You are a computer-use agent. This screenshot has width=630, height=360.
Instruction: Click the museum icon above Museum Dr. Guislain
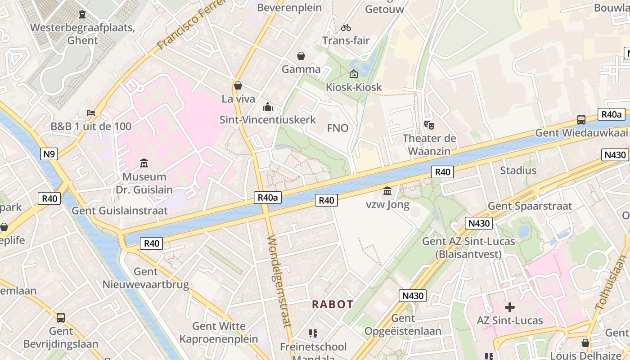click(x=144, y=162)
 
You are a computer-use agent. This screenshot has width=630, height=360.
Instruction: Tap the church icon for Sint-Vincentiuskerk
click(x=268, y=107)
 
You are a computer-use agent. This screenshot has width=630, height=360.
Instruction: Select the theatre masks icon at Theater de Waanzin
click(x=429, y=125)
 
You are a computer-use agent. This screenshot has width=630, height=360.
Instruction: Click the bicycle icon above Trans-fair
click(x=346, y=27)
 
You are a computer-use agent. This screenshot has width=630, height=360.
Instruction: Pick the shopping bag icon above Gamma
click(x=301, y=56)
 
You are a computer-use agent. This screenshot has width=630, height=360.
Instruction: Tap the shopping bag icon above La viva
click(x=238, y=85)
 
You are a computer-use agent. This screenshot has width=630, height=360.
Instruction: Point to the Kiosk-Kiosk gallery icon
click(x=354, y=74)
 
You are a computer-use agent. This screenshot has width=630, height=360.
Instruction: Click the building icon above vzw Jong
click(x=387, y=191)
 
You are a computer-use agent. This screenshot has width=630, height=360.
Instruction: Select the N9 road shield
click(x=49, y=154)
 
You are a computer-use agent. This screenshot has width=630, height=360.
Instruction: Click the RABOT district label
click(x=333, y=304)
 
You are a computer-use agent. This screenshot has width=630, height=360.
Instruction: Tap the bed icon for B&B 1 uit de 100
click(x=91, y=112)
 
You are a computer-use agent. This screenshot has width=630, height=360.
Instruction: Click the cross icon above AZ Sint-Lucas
click(x=509, y=307)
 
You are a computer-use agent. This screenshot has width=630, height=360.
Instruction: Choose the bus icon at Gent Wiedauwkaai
click(x=581, y=120)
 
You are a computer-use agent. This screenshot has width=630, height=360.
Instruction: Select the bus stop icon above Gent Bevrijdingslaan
click(x=61, y=317)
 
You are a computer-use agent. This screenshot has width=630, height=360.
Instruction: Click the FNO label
click(x=337, y=128)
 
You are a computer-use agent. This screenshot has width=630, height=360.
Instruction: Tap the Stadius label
click(x=518, y=171)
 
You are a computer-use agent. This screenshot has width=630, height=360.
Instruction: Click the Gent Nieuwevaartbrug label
click(x=146, y=278)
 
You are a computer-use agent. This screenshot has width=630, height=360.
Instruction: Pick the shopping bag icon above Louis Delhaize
click(x=585, y=343)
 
